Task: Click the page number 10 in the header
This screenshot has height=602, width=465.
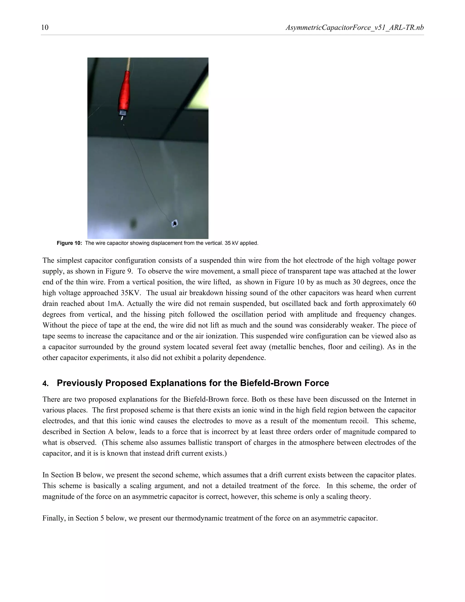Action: pyautogui.click(x=45, y=27)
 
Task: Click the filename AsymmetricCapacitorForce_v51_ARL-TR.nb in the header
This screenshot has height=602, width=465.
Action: pyautogui.click(x=354, y=27)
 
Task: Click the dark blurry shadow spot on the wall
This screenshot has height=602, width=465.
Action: pyautogui.click(x=134, y=223)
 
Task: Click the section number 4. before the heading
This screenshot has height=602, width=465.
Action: pyautogui.click(x=45, y=384)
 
